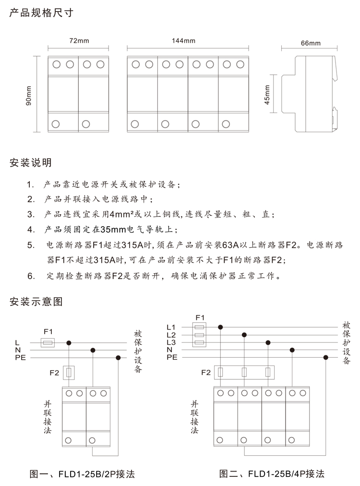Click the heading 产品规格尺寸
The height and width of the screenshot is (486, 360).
point(41,13)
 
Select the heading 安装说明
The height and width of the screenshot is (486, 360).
point(31,163)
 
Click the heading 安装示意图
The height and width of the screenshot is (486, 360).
point(36,302)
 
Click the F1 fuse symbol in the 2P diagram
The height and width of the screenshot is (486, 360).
point(47,343)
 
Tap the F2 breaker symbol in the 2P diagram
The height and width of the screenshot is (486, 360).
point(70,373)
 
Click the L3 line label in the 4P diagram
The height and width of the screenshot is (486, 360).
point(171,342)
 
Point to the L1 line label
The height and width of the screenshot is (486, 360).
point(171,328)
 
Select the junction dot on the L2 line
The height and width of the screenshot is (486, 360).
point(244,335)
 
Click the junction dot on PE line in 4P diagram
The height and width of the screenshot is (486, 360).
point(326,357)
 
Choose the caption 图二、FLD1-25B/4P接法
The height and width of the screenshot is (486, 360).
point(272,474)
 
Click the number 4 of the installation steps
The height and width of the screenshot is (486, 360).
point(30,229)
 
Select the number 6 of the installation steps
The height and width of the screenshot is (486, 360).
point(30,276)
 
